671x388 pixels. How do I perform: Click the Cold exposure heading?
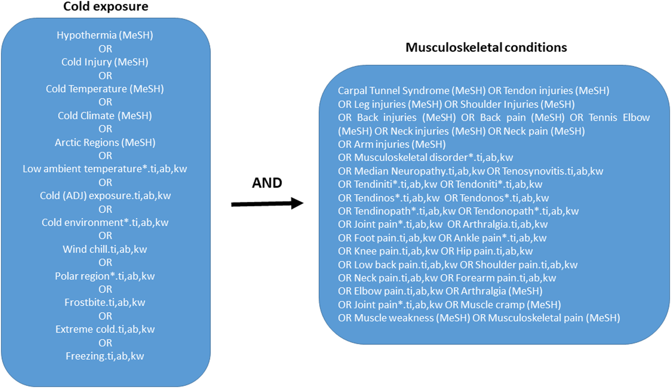105,6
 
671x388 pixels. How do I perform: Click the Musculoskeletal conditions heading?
486,47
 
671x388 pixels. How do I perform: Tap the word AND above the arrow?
267,183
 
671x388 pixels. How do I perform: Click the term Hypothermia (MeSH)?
105,35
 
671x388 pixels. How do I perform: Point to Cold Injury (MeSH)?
105,62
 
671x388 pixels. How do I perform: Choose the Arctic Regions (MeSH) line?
105,142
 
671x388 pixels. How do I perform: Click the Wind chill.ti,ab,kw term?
105,249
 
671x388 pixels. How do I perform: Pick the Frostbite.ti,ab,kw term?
105,302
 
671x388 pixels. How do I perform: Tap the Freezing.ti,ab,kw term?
105,356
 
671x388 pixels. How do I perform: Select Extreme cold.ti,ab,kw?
105,329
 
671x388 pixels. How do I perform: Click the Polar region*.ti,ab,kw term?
105,276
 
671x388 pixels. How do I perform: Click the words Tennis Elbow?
619,118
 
